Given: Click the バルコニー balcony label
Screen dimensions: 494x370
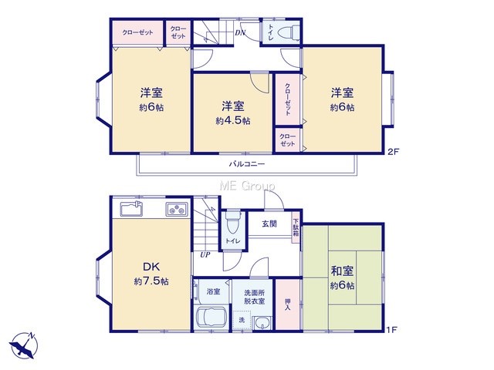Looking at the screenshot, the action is [x=247, y=164].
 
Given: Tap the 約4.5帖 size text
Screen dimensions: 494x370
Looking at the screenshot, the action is [x=233, y=121].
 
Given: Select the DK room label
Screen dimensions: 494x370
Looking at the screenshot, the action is [x=151, y=267].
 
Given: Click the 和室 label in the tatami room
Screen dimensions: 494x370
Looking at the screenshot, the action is [x=342, y=271].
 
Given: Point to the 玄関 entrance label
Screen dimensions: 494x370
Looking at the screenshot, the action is [x=269, y=224].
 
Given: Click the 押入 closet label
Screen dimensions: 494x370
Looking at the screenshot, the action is [x=287, y=304].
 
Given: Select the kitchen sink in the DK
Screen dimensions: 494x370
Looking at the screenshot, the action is [x=131, y=208].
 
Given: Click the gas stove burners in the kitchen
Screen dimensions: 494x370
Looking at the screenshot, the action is [x=177, y=209].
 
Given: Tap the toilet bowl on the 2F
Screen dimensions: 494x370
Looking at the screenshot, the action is [x=289, y=32].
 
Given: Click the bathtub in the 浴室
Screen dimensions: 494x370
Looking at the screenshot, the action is [x=211, y=318].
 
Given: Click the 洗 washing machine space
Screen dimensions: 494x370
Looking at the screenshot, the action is [x=242, y=321].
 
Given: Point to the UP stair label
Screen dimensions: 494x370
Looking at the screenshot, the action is [x=205, y=254].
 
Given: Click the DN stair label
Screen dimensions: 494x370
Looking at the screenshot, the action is [x=240, y=32].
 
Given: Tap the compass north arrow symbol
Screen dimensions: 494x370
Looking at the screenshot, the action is [x=24, y=345].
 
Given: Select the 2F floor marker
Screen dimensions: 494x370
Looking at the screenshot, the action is [x=393, y=152].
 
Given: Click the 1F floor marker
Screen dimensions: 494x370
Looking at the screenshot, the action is [x=392, y=330].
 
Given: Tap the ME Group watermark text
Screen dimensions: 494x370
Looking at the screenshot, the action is [x=247, y=186].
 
